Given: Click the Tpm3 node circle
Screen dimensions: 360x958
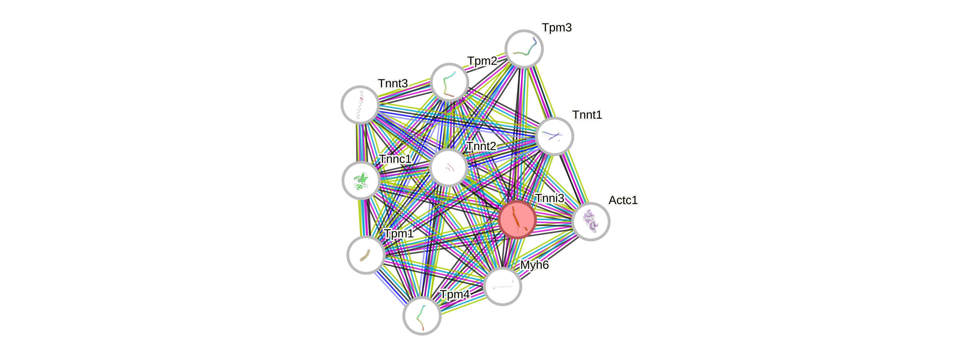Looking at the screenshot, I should (x=524, y=49).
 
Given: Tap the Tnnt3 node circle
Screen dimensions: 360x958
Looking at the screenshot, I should (x=360, y=104).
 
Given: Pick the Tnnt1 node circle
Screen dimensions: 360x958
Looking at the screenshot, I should (x=555, y=136).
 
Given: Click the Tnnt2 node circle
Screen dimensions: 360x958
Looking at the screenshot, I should (x=448, y=168).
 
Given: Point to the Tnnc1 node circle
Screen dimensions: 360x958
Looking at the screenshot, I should (x=361, y=180).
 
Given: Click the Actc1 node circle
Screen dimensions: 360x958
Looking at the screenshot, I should (x=590, y=221).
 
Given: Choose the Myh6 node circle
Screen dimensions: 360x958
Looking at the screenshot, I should (x=502, y=286).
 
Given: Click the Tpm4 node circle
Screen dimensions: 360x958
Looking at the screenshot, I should (x=422, y=316).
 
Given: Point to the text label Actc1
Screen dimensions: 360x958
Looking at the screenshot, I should (x=623, y=200).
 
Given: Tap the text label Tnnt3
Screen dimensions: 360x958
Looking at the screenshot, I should (x=393, y=84).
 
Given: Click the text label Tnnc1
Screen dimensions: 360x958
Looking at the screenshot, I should (x=395, y=159).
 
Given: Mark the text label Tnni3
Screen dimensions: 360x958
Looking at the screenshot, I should (x=550, y=198).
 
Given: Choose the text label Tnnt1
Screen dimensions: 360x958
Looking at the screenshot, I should (x=587, y=115).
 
